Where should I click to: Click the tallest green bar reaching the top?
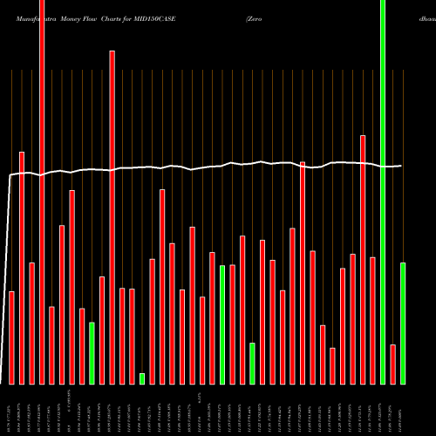(x=383, y=192)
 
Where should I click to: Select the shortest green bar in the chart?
(x=142, y=378)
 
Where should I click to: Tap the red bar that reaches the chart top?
(x=42, y=192)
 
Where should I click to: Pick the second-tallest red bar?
(x=112, y=217)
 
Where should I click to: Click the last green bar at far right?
(x=403, y=323)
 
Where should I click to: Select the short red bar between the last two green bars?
(x=392, y=364)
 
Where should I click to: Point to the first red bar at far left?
(x=12, y=337)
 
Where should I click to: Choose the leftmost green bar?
(x=92, y=353)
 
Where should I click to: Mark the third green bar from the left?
(x=222, y=324)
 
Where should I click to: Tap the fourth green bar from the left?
(x=252, y=363)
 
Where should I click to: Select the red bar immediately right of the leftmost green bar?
(x=102, y=330)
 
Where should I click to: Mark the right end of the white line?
(x=401, y=166)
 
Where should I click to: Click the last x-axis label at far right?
(x=403, y=410)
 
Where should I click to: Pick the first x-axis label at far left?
(x=12, y=410)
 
